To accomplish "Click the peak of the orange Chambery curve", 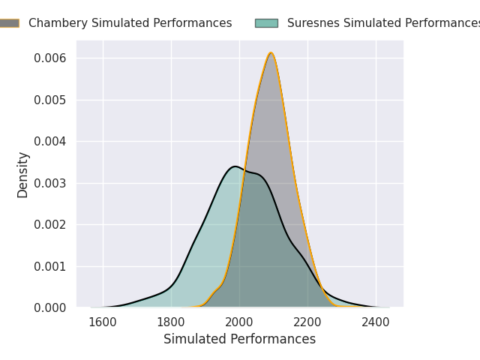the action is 271,53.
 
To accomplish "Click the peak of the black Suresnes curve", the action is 235,166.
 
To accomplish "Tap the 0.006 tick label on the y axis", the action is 50,58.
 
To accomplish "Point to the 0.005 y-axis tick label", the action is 50,100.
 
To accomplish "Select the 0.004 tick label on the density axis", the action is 50,142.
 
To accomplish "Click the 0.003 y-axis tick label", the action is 50,183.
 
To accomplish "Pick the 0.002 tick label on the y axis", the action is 50,225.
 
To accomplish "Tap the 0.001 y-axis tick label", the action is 50,267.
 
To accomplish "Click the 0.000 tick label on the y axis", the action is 50,308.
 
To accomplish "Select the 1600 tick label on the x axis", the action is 103,322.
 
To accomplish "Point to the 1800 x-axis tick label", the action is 171,322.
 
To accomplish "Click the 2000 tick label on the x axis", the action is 239,322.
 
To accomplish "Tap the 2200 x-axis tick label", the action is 307,322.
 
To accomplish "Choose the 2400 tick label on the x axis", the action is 376,322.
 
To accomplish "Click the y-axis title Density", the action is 22,175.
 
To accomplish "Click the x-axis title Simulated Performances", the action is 240,339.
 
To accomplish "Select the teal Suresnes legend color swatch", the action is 267,23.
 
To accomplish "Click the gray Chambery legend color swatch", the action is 10,23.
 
